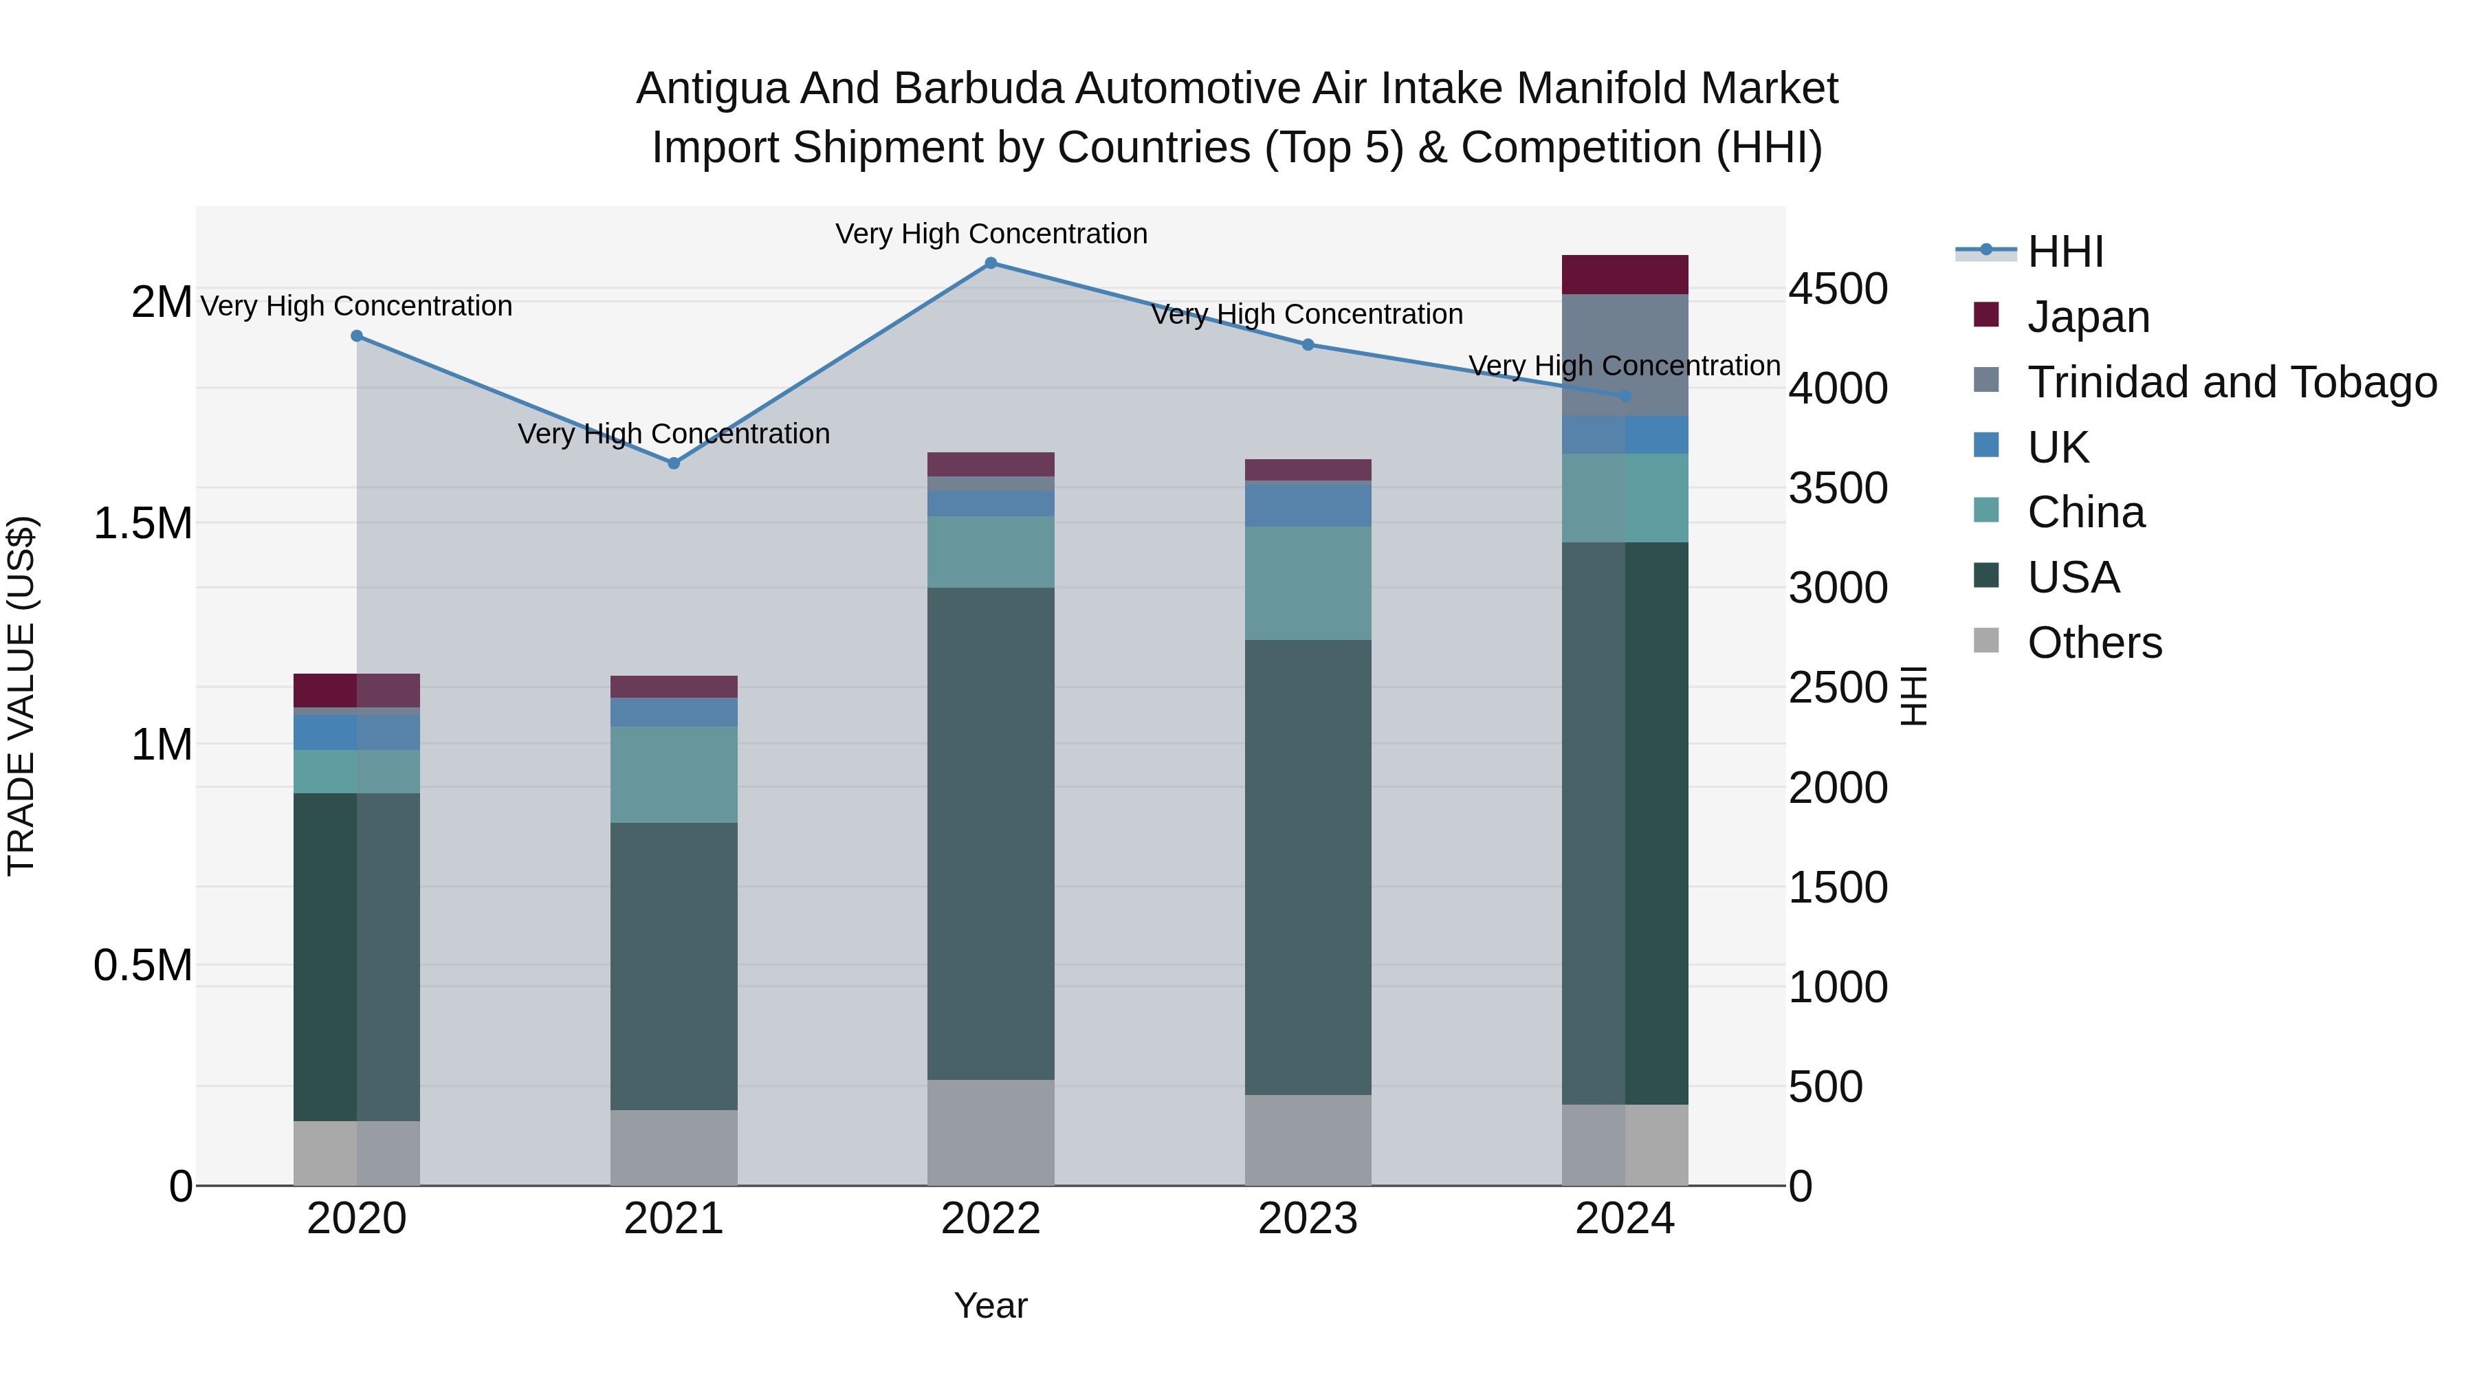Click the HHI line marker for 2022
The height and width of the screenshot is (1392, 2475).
click(x=991, y=263)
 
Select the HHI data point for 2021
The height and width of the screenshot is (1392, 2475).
click(x=674, y=463)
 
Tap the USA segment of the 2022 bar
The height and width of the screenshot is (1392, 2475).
click(x=991, y=833)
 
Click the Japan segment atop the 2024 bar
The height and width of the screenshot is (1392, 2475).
click(x=1624, y=275)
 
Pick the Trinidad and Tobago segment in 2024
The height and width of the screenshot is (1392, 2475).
click(x=1624, y=355)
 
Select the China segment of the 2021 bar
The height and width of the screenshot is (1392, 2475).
click(x=674, y=774)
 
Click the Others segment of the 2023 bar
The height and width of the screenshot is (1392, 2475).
click(x=1308, y=1140)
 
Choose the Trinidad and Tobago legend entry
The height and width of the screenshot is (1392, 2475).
click(x=2231, y=382)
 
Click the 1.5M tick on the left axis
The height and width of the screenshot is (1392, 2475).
click(x=142, y=524)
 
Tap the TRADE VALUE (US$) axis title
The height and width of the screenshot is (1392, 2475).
click(x=21, y=696)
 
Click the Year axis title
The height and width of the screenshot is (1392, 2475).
click(x=991, y=1305)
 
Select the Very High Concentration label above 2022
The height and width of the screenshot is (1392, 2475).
click(x=991, y=234)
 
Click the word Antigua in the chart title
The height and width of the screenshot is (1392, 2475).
click(x=712, y=89)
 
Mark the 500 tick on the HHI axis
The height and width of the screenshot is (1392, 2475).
click(x=1825, y=1087)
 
